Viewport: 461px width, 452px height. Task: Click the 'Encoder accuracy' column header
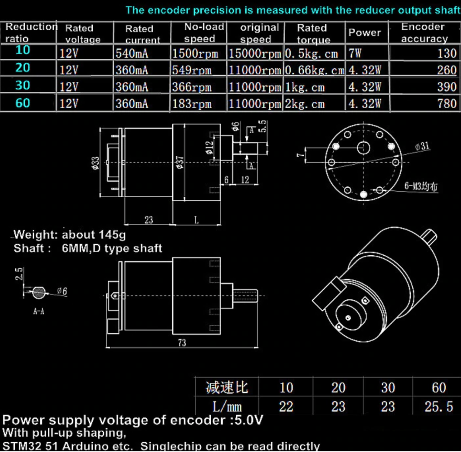(424, 33)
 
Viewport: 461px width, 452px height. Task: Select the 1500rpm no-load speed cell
(195, 54)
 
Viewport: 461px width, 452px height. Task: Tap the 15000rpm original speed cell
(255, 54)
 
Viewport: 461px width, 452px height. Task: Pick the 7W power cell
(355, 54)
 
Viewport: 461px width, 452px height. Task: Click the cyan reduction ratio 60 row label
(23, 103)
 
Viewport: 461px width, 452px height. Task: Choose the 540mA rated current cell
(131, 54)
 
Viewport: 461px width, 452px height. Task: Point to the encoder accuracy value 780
(447, 104)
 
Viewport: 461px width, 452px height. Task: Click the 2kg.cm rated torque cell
(304, 104)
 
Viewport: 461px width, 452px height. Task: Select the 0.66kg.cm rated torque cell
(314, 70)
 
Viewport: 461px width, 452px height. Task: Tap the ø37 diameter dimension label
(179, 162)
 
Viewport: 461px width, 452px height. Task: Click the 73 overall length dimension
(182, 343)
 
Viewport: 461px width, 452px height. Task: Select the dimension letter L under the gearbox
(196, 220)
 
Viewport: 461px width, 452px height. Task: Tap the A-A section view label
(39, 311)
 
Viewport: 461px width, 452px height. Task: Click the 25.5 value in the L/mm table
(438, 407)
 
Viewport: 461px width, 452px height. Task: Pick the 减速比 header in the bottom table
(226, 387)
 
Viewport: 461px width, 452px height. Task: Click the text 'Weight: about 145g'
(70, 235)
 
